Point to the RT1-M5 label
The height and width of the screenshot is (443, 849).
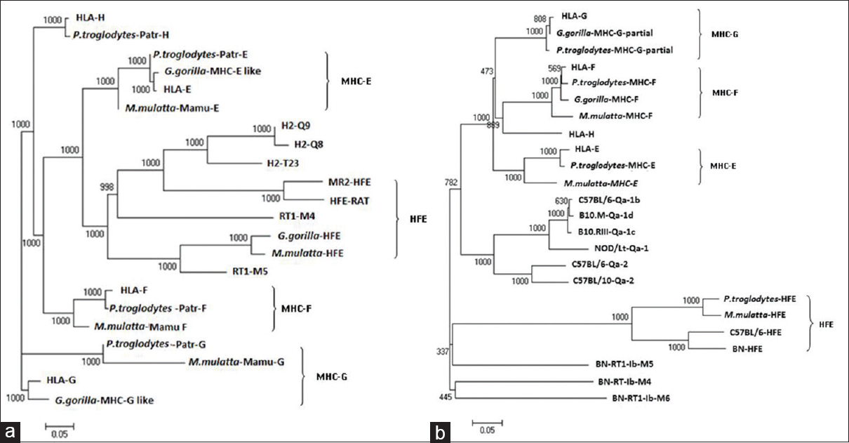click(x=247, y=269)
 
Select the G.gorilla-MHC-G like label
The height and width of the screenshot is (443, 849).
click(x=104, y=401)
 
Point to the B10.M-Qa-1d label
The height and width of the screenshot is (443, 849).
click(x=606, y=215)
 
